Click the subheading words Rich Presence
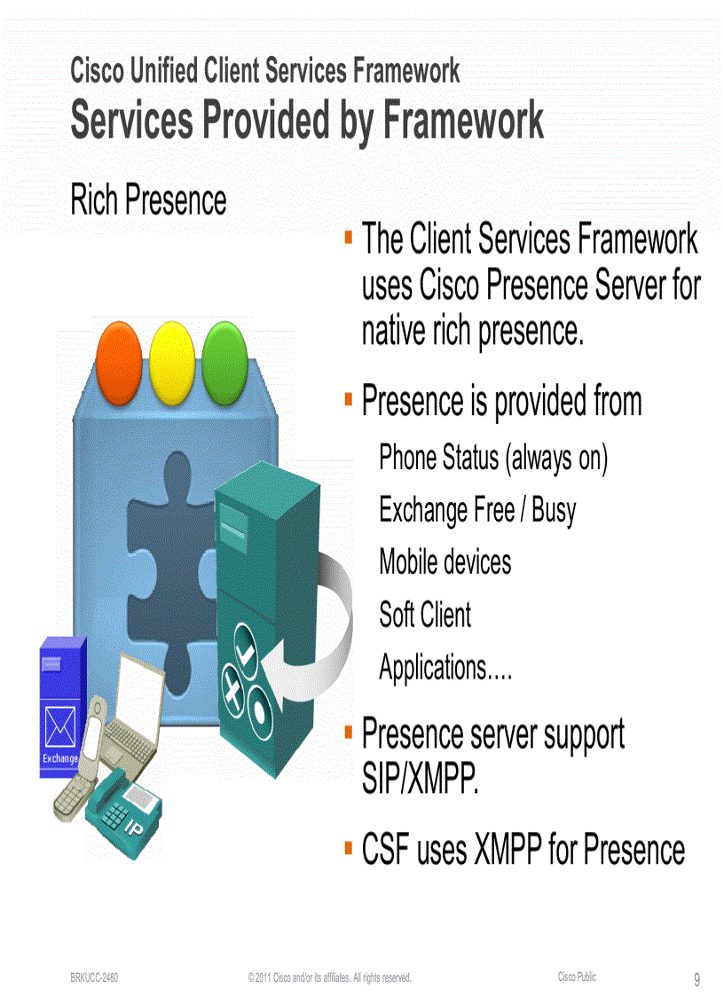click(x=148, y=200)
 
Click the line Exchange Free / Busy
click(x=477, y=510)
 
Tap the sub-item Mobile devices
click(x=445, y=561)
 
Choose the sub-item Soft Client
click(x=425, y=614)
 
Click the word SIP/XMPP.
click(x=421, y=780)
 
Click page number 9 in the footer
click(x=696, y=979)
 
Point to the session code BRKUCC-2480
click(x=95, y=977)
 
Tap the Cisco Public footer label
click(x=577, y=976)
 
